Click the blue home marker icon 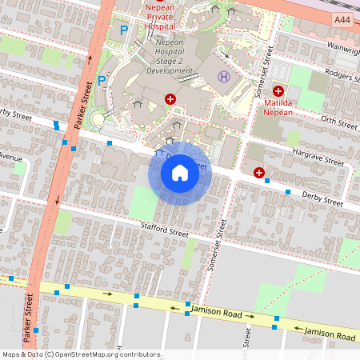(180, 172)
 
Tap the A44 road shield (343, 18)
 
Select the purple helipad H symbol (224, 77)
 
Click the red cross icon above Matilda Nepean (278, 91)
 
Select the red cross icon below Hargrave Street (259, 172)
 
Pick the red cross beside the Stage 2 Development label (170, 98)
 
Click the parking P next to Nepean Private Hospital (123, 30)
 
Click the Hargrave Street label (318, 157)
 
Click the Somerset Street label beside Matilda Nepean (259, 80)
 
